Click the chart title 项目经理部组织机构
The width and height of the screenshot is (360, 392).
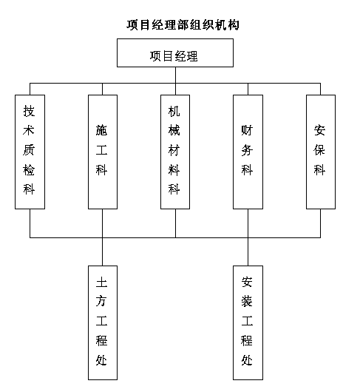pos(183,24)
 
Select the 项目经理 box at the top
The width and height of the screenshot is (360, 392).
pos(175,53)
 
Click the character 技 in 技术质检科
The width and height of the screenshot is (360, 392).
pos(29,111)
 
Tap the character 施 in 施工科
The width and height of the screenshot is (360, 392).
pos(102,130)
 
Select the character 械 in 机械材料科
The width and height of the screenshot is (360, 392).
pos(174,130)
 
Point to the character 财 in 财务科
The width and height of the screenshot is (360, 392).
pos(247,130)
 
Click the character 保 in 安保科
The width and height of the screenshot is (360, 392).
pos(319,149)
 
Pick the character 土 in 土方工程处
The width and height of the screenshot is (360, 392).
pos(102,282)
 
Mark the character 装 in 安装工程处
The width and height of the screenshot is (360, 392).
pos(247,301)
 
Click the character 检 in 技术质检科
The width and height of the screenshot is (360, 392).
pos(29,169)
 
